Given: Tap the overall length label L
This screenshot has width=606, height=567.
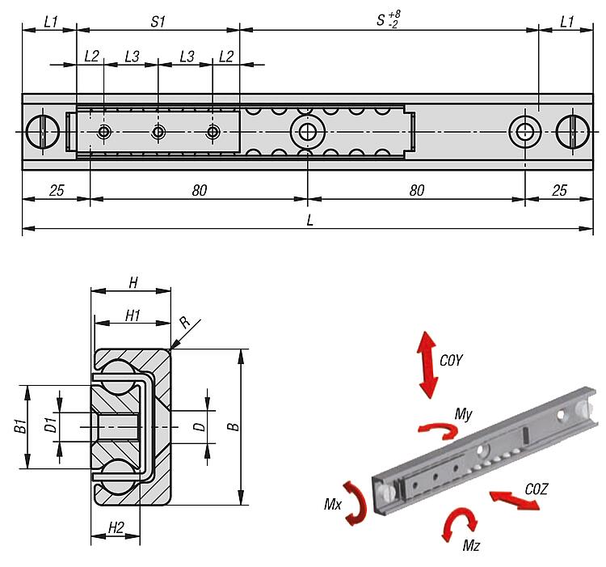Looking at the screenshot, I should (310, 220).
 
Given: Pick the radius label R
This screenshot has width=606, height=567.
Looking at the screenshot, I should (184, 322).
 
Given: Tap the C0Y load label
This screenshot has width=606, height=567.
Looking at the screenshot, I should (451, 362).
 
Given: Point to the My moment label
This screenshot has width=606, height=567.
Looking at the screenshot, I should (463, 413).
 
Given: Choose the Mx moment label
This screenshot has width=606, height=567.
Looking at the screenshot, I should (333, 504).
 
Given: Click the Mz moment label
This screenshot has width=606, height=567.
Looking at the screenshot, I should (472, 546).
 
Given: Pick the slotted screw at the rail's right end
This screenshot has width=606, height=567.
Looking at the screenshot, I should (573, 132).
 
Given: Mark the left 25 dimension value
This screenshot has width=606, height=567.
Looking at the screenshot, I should (56, 191).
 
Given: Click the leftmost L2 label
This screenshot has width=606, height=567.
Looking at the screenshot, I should (91, 56).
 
